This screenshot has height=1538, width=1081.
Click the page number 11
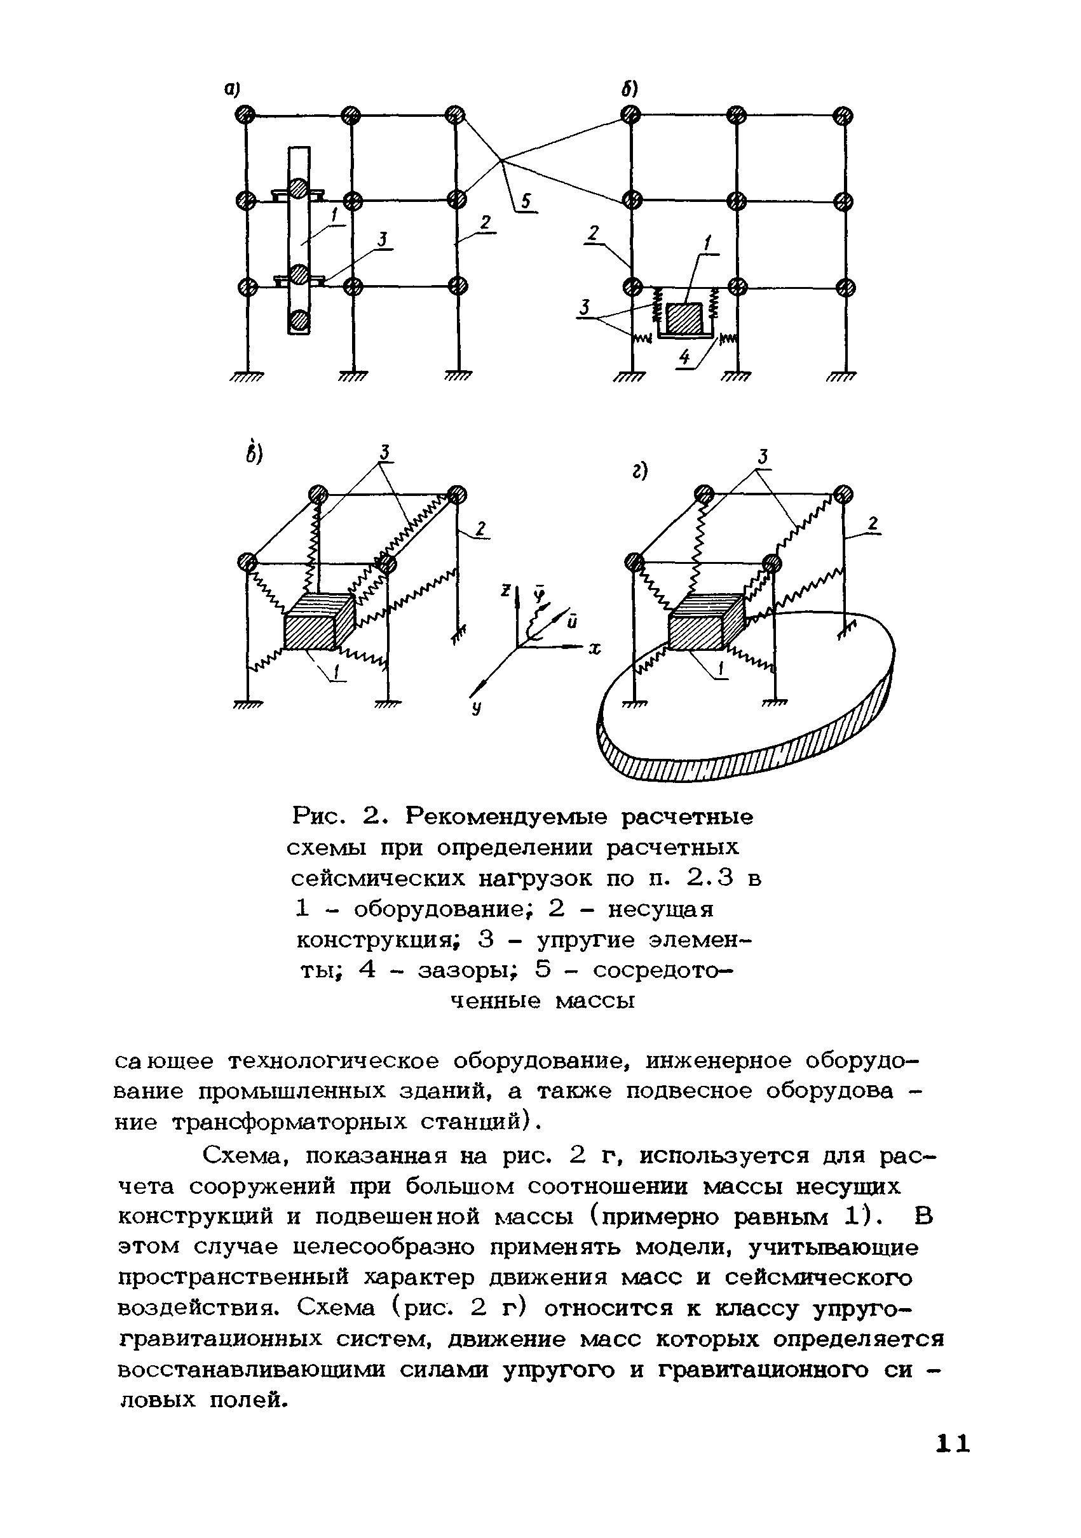tap(953, 1462)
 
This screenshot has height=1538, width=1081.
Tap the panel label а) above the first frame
tap(233, 90)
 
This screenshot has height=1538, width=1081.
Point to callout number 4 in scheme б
tap(684, 358)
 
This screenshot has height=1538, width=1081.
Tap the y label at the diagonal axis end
tap(477, 708)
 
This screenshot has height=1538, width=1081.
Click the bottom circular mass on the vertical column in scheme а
tap(299, 321)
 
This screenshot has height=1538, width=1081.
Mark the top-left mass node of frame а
tap(245, 114)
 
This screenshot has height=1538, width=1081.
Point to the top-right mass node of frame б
tap(844, 116)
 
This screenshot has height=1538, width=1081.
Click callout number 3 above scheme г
tap(763, 457)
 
